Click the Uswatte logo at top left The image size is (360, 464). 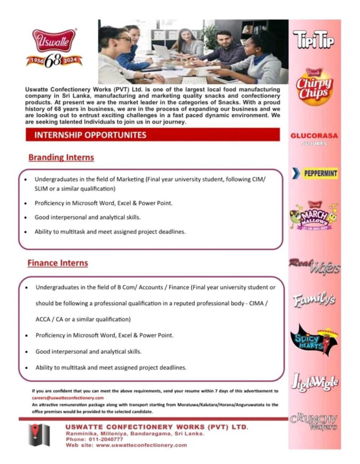tap(54, 40)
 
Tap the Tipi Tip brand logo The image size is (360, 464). tap(314, 40)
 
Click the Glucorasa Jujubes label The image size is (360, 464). tap(314, 138)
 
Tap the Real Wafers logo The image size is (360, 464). tap(314, 266)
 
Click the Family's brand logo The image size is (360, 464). tap(314, 300)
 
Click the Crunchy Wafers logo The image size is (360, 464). tap(314, 421)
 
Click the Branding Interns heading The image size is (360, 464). tap(61, 158)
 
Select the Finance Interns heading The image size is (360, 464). tap(58, 263)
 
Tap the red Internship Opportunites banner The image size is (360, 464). tap(152, 135)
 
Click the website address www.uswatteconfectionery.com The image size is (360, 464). tap(141, 445)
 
